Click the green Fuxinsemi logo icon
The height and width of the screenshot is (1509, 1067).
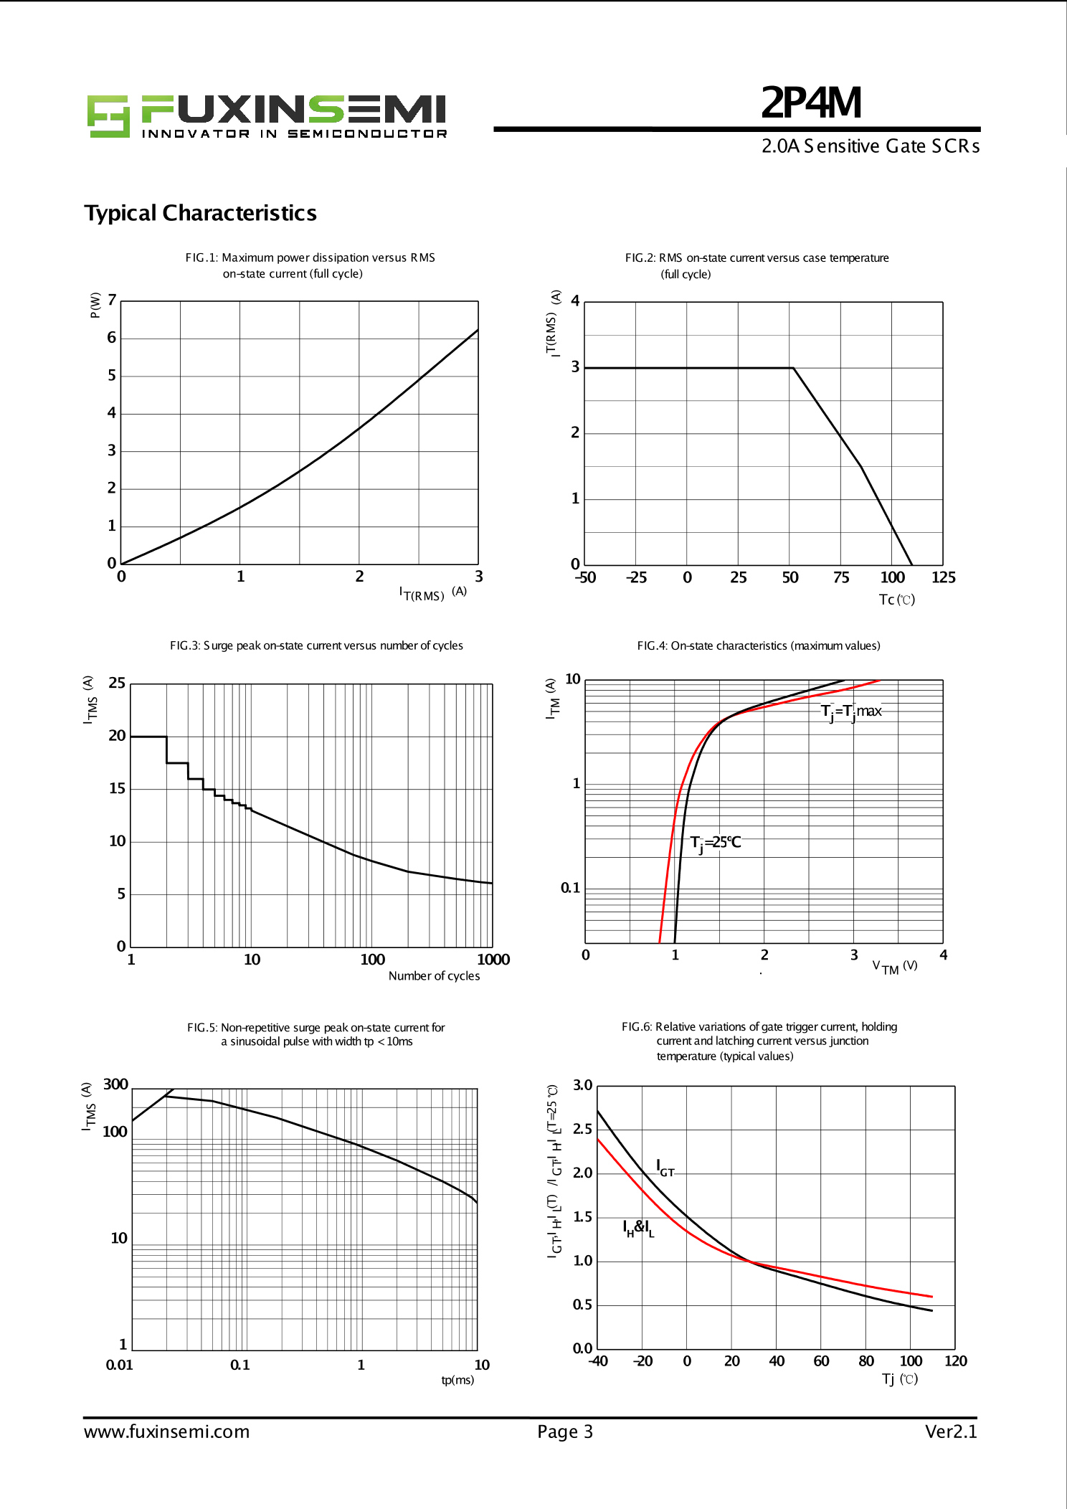pyautogui.click(x=108, y=115)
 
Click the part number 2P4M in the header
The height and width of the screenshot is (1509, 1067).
pyautogui.click(x=811, y=103)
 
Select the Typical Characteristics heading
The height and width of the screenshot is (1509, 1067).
pyautogui.click(x=200, y=213)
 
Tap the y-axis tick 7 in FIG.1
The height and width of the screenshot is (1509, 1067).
pyautogui.click(x=112, y=300)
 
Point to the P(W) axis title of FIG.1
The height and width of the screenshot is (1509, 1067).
pyautogui.click(x=95, y=305)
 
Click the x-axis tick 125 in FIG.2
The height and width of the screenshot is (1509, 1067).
pyautogui.click(x=943, y=577)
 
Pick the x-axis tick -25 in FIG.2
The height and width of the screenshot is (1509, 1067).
pyautogui.click(x=635, y=577)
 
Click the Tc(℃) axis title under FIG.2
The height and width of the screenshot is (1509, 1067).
pyautogui.click(x=896, y=600)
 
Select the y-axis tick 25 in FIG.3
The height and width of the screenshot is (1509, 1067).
pyautogui.click(x=117, y=683)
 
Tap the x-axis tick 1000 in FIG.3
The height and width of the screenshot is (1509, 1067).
pyautogui.click(x=493, y=960)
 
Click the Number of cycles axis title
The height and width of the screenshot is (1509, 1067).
pyautogui.click(x=434, y=975)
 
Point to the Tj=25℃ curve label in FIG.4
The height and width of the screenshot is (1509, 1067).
pyautogui.click(x=715, y=843)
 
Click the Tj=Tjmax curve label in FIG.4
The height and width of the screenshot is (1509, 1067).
pyautogui.click(x=851, y=711)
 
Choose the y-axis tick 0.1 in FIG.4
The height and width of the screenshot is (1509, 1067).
pyautogui.click(x=570, y=888)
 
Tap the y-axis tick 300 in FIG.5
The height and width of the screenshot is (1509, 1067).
pyautogui.click(x=115, y=1084)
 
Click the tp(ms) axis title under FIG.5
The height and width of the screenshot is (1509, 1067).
pyautogui.click(x=457, y=1380)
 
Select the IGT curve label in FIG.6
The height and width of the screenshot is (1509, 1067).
pyautogui.click(x=665, y=1168)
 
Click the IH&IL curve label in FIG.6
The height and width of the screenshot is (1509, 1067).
pyautogui.click(x=638, y=1228)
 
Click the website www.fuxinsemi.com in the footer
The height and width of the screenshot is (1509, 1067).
pyautogui.click(x=166, y=1432)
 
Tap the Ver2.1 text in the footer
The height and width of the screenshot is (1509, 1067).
pyautogui.click(x=951, y=1432)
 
